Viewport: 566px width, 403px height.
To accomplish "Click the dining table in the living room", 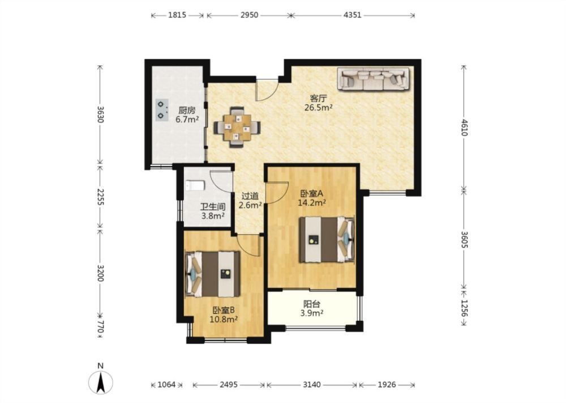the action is tap(237, 127).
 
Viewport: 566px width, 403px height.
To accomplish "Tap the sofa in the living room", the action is tap(374, 78).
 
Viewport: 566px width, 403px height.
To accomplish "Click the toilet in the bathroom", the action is tap(195, 186).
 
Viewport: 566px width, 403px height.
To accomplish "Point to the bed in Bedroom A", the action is tap(327, 239).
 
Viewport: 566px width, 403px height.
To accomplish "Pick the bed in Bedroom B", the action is tap(213, 274).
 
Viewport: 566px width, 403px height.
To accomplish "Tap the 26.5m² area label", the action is tap(318, 107).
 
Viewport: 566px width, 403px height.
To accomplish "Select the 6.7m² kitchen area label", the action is tap(187, 119).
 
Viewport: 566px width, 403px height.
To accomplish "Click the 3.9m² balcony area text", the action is tap(311, 313).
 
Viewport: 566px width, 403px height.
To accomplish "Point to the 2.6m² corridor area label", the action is tap(250, 205).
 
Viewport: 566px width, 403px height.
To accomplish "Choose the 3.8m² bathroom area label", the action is tap(213, 216).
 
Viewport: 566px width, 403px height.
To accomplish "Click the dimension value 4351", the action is tap(352, 15).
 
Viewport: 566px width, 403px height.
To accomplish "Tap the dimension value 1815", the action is tap(177, 15).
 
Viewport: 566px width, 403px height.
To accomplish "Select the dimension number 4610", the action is tap(464, 127).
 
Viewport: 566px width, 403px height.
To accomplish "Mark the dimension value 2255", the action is tap(101, 197).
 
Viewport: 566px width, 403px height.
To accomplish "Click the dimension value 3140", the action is tap(311, 384).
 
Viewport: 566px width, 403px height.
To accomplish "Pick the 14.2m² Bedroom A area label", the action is tap(312, 203).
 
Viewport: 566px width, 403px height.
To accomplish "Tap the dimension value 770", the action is tap(101, 328).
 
